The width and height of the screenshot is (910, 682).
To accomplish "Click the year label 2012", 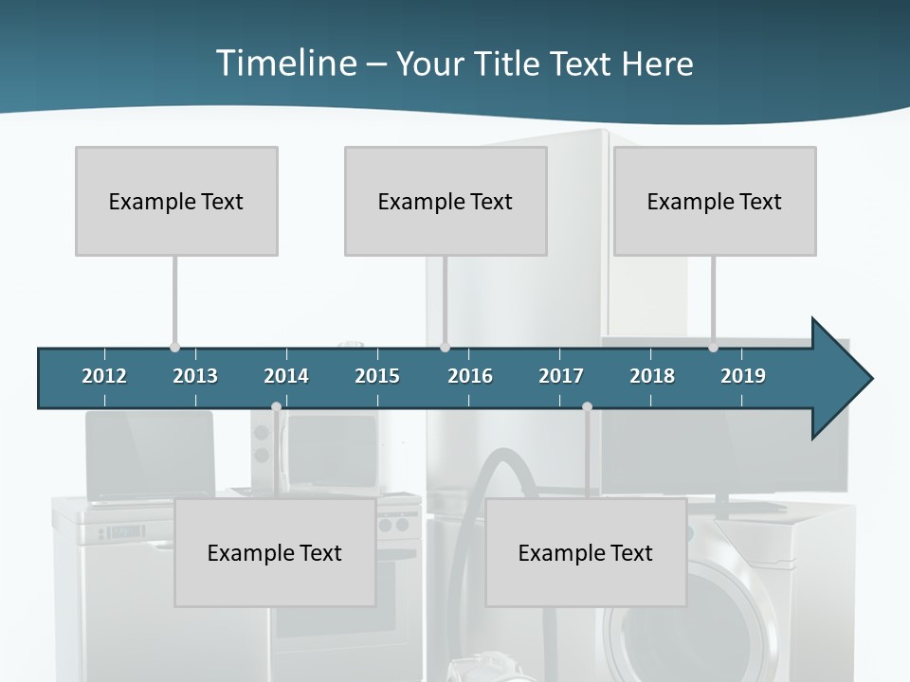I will (104, 376).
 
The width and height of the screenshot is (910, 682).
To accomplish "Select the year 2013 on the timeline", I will (195, 376).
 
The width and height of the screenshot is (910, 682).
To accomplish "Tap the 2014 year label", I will (286, 376).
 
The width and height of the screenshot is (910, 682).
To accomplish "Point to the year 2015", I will (377, 376).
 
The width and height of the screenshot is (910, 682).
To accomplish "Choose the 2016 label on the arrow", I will (470, 376).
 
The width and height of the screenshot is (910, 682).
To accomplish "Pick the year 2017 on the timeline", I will (561, 376).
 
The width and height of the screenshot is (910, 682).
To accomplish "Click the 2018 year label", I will (652, 376).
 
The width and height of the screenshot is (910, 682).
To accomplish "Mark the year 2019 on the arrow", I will (743, 376).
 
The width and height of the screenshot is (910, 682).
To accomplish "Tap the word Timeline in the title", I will (284, 63).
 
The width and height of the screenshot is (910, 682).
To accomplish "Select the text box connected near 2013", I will (176, 201).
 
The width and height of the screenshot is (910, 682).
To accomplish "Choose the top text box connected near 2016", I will (446, 201).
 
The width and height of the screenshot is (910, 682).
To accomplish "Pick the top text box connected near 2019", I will (715, 201).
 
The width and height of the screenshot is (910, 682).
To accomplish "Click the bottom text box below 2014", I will (275, 552).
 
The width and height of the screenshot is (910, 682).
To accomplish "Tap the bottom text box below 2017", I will (586, 552).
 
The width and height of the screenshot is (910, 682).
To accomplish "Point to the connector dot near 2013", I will (174, 348).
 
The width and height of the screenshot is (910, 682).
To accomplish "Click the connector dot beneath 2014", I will (276, 407).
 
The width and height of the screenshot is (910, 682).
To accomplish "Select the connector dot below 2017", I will (587, 407).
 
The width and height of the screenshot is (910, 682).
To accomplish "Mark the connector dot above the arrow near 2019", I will (713, 348).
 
